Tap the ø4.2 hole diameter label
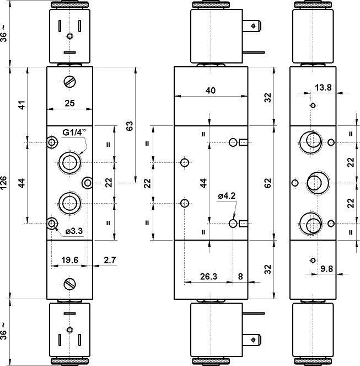[x=227, y=195]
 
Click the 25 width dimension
[x=69, y=103]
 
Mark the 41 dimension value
[x=22, y=105]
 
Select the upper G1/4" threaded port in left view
[x=69, y=162]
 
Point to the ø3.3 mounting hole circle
[x=52, y=223]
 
